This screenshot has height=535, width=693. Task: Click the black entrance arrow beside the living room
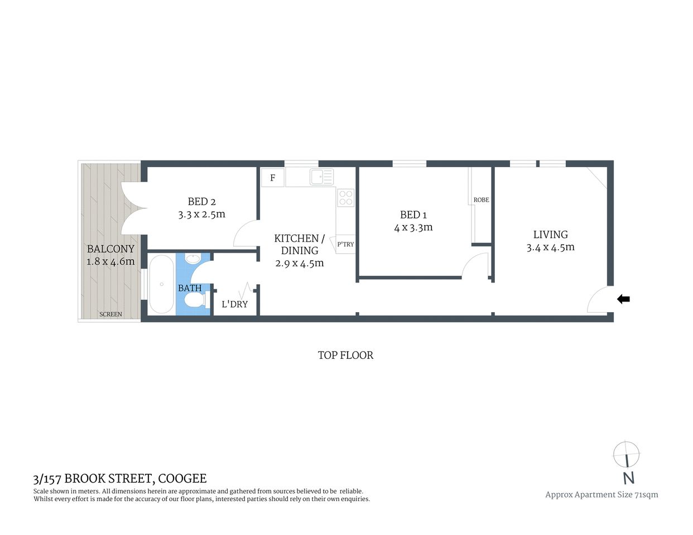[623, 299]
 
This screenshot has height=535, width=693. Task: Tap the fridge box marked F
[272, 178]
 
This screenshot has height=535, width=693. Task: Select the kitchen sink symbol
[322, 177]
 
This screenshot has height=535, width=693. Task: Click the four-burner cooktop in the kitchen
[346, 197]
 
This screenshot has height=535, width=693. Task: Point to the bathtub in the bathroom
[162, 284]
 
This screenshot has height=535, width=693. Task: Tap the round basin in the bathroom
[193, 259]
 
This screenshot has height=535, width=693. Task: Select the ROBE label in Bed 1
[481, 200]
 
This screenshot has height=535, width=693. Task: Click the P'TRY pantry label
[345, 244]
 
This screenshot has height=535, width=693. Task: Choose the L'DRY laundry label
[234, 304]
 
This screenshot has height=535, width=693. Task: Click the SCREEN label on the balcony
[110, 314]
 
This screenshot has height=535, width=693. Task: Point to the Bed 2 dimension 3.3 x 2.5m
[201, 214]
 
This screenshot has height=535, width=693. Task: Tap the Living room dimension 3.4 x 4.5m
[550, 247]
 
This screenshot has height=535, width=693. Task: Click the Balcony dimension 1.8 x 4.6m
[110, 261]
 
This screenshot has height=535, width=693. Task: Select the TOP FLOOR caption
[345, 355]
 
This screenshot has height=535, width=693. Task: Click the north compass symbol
[626, 455]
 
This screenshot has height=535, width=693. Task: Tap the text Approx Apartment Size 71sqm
[601, 494]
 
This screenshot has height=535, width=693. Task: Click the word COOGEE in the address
[182, 478]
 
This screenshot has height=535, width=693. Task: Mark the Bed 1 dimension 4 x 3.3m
[413, 227]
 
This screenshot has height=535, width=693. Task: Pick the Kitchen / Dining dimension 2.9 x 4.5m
[300, 263]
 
